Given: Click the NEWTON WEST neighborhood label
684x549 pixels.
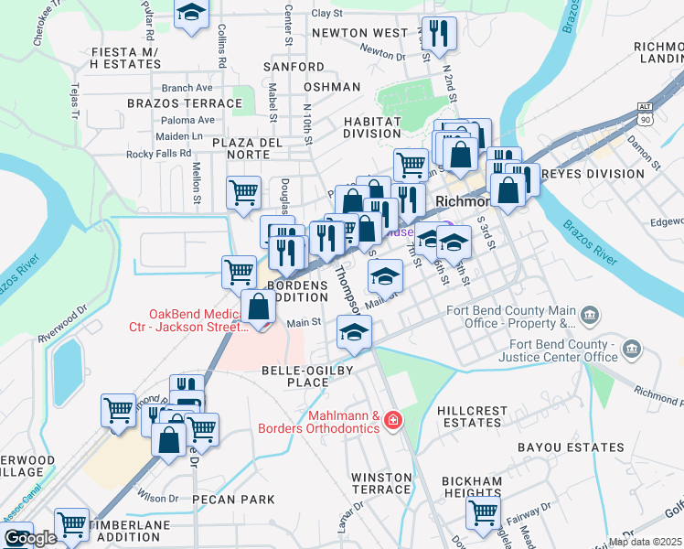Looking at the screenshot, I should (359, 33).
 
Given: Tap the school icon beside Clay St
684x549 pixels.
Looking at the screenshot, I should (191, 14).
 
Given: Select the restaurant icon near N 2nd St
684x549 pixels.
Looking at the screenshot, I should (438, 34).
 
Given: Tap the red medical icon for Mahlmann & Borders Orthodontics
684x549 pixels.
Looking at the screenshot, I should (393, 420).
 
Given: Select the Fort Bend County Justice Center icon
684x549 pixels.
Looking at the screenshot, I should (631, 349).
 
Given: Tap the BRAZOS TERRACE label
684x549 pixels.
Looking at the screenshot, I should (185, 103).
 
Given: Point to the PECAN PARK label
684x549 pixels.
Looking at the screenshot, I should (233, 500).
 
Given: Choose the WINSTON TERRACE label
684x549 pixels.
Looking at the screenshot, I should (382, 483).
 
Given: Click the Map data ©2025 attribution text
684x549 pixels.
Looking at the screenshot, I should (646, 542).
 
